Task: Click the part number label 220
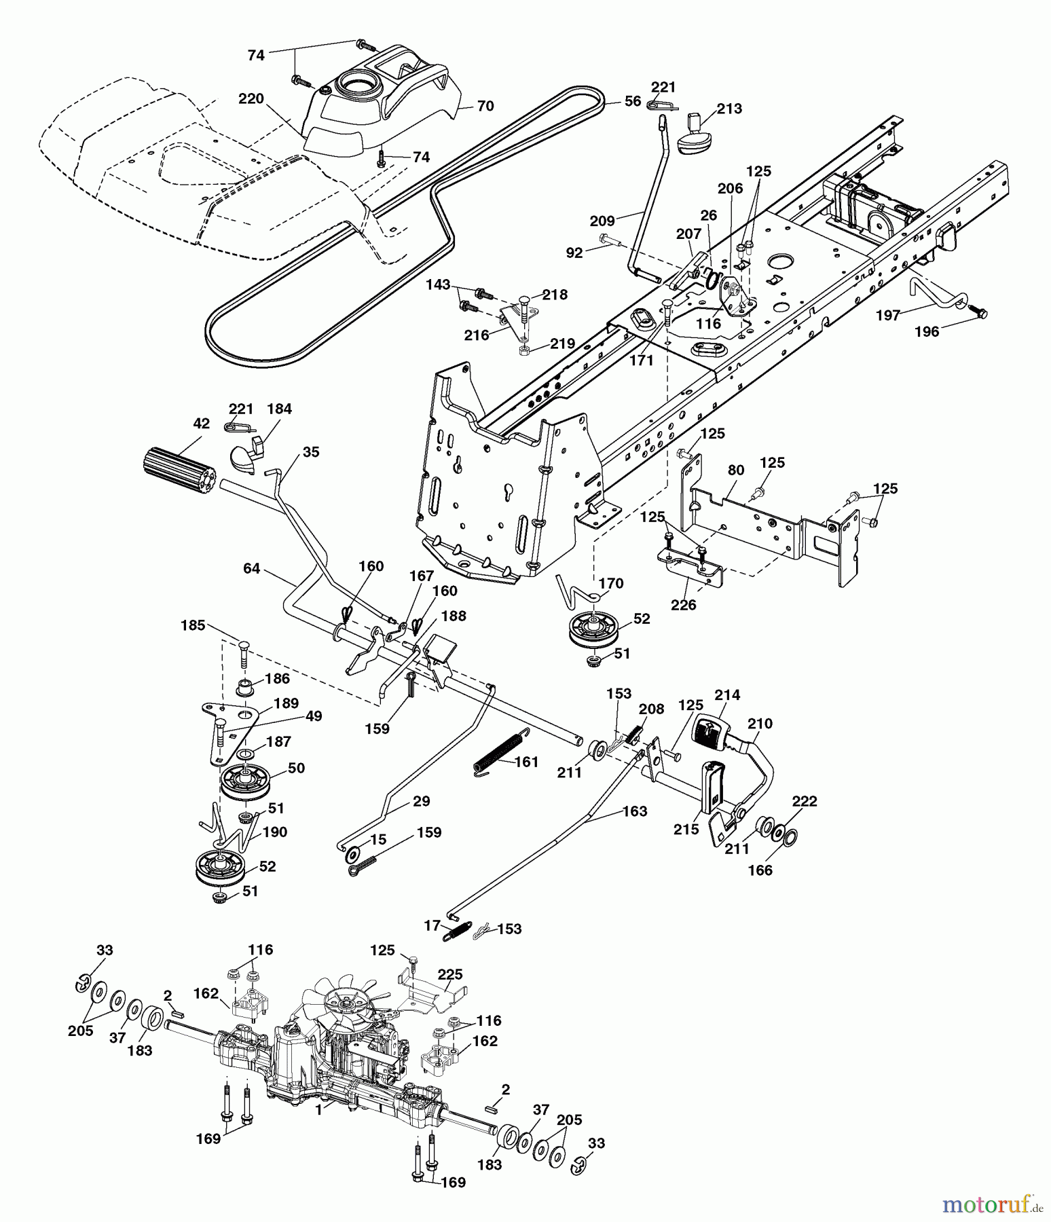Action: (251, 99)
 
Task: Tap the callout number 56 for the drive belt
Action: (632, 101)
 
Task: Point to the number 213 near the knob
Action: (729, 109)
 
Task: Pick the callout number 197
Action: (888, 315)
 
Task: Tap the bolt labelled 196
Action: (978, 312)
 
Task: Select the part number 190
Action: (276, 832)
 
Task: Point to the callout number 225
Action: (449, 975)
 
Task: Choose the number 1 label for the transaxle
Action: (318, 1111)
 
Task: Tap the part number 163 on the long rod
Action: (634, 811)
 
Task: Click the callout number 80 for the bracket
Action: (736, 470)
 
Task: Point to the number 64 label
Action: (251, 568)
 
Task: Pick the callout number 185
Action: (193, 625)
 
